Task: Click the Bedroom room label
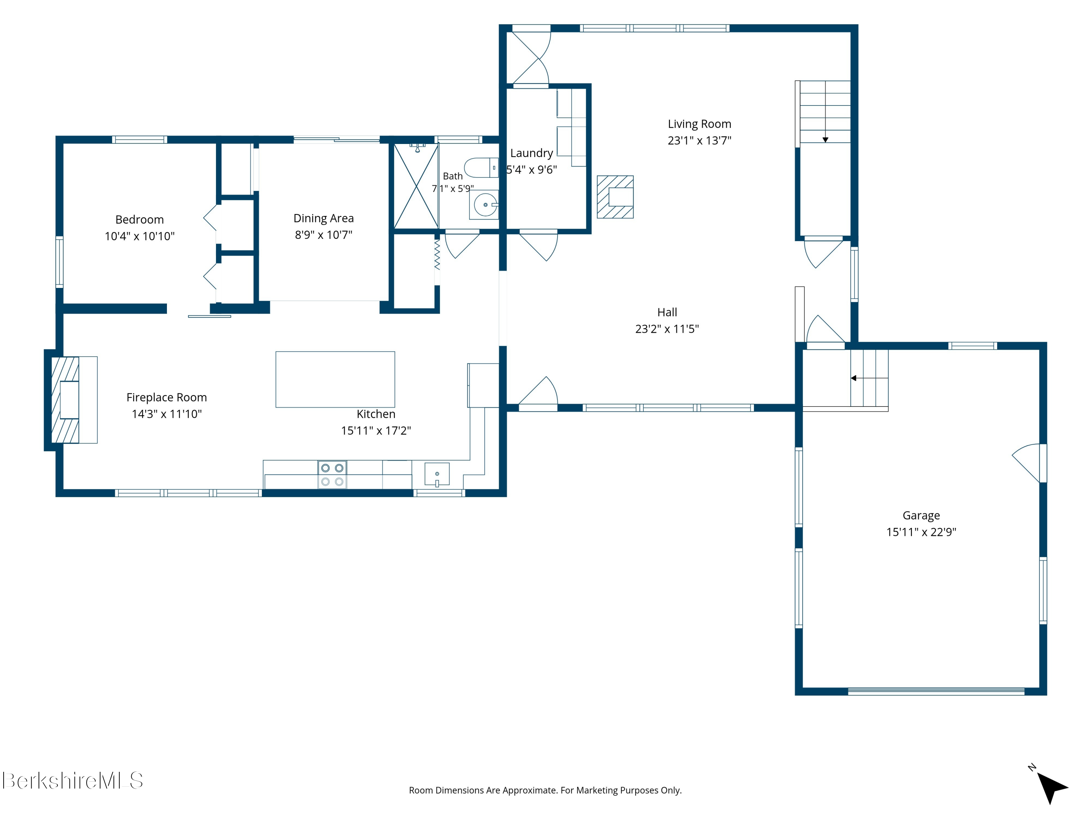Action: [x=140, y=220]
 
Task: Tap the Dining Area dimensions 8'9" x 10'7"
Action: [x=324, y=235]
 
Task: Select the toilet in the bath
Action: [x=481, y=168]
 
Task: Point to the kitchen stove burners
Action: [x=332, y=474]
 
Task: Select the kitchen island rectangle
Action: [x=335, y=379]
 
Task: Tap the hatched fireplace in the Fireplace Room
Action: [x=65, y=400]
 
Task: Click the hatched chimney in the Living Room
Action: [x=615, y=197]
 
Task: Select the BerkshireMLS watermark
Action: [x=72, y=781]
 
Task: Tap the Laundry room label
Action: [x=532, y=153]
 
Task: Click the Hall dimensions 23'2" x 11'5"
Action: [x=667, y=329]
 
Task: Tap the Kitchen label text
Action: [x=376, y=414]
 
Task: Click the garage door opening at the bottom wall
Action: [x=936, y=691]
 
